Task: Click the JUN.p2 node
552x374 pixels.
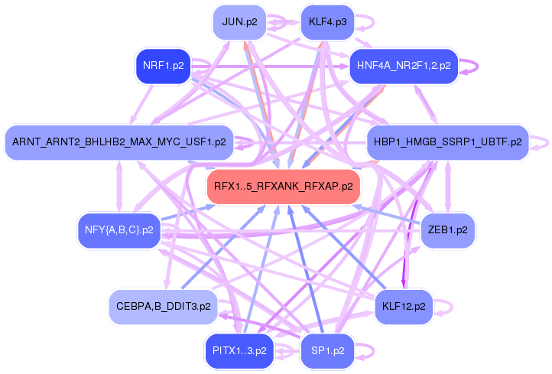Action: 239,21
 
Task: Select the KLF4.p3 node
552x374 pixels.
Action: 327,21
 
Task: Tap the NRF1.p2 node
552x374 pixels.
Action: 163,66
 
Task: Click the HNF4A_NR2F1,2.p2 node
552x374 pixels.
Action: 403,66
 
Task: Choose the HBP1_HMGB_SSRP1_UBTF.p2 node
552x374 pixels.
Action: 447,141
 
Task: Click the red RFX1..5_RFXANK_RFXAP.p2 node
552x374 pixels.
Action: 283,186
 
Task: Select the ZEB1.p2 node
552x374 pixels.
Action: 448,229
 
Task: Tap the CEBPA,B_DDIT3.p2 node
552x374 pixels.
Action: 163,306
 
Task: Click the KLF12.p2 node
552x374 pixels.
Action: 404,306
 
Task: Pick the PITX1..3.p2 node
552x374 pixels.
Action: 239,351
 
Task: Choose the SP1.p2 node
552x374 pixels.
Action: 327,351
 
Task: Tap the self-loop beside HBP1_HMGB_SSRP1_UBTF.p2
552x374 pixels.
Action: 542,141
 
